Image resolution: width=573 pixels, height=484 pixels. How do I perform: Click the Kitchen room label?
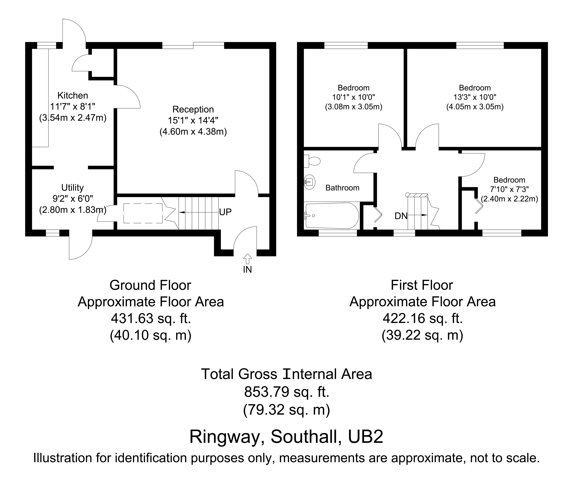(73, 95)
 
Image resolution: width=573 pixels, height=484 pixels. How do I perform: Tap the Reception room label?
(193, 110)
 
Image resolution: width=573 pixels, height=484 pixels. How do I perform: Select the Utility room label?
(73, 188)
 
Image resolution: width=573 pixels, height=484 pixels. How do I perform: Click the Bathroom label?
(342, 188)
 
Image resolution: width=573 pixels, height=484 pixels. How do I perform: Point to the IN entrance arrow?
(247, 259)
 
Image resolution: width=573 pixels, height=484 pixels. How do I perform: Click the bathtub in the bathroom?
(332, 216)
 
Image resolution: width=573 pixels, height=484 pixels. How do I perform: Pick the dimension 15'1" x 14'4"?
(193, 121)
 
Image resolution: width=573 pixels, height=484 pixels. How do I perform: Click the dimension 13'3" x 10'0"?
(475, 97)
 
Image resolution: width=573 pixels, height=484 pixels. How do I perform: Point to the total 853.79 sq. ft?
(286, 392)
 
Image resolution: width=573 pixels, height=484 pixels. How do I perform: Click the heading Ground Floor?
(150, 285)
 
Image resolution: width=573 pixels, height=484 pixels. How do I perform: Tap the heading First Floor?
(422, 285)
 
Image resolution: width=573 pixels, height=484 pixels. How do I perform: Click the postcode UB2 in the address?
(365, 437)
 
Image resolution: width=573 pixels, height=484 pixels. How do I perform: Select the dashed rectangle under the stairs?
(143, 213)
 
